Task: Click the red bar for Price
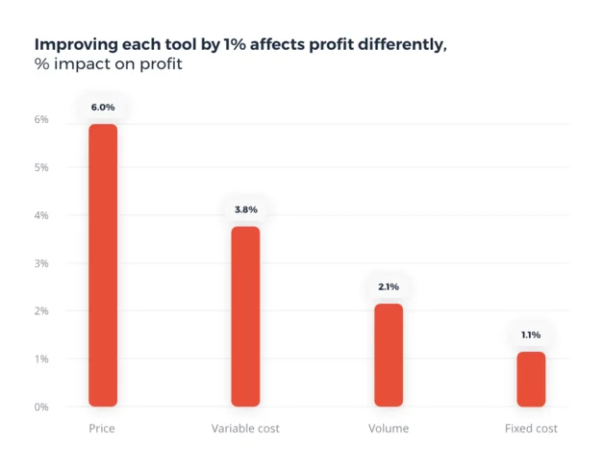click(103, 265)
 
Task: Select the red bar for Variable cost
click(245, 316)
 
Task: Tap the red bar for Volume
click(389, 355)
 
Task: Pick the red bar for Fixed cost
click(531, 379)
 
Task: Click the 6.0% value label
click(103, 108)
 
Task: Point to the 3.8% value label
click(245, 210)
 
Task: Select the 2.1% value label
click(389, 286)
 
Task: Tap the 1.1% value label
click(531, 334)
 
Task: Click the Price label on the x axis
click(102, 429)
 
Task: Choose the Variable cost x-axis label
click(245, 429)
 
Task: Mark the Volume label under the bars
click(389, 429)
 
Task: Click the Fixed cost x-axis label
click(531, 429)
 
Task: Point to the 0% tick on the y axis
click(41, 407)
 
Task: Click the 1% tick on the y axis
click(41, 358)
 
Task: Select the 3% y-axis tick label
click(41, 263)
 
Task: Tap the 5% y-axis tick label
click(41, 167)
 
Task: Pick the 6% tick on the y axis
click(41, 119)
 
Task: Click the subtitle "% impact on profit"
click(108, 64)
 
